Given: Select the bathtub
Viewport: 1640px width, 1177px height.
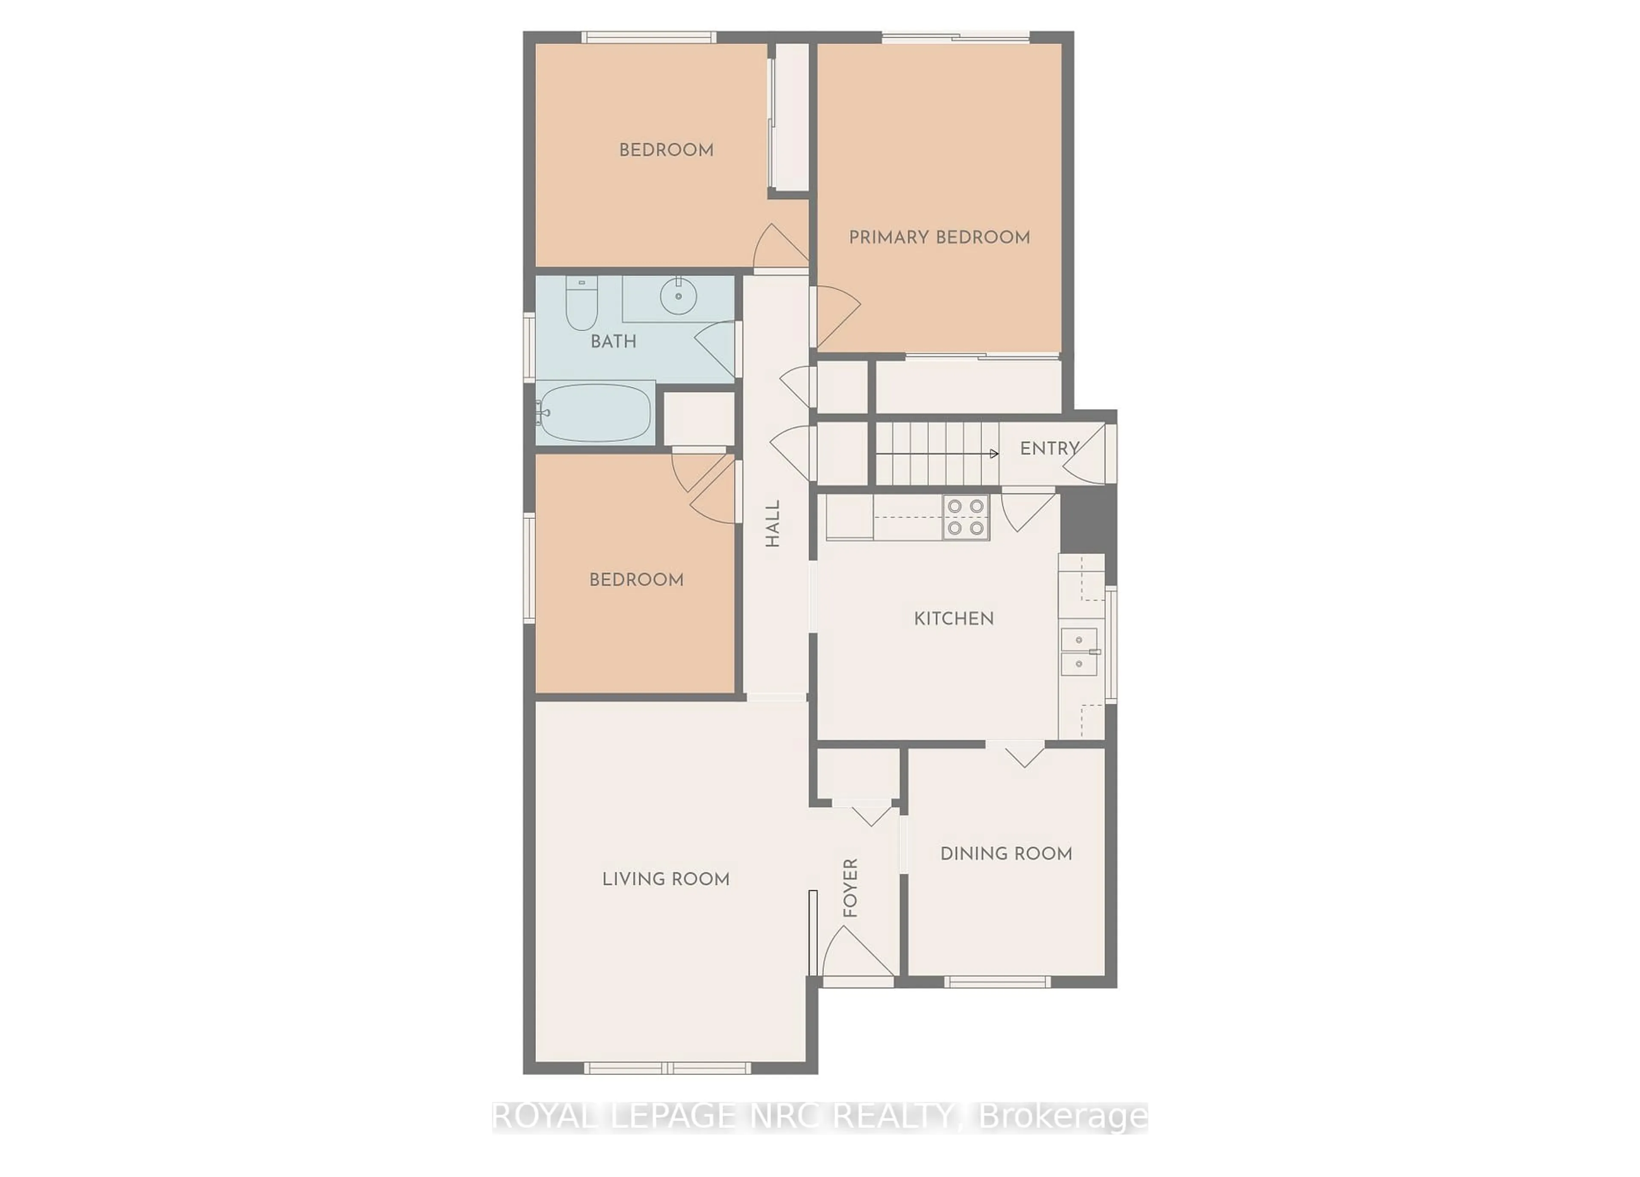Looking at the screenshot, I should pos(595,413).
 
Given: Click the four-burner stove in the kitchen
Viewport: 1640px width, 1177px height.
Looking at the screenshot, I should pos(965,517).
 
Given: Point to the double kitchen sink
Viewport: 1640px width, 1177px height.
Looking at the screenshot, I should pos(1079,651).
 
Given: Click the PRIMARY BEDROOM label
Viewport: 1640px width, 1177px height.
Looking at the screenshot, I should pos(939,237).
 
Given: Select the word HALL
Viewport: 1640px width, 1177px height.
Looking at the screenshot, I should pos(772,524).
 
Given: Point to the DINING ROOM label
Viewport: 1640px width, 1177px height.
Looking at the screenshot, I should pos(1006,853).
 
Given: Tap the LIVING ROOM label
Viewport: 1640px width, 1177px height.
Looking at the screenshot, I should pos(665,879).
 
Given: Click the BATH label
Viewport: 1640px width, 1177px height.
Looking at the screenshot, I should pos(613,341).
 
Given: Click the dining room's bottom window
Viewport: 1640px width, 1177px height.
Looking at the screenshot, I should pos(996,981).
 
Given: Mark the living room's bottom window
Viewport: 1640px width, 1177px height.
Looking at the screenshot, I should pos(668,1068).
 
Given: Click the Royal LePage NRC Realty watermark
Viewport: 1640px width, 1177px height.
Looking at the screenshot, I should pos(819,1116).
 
